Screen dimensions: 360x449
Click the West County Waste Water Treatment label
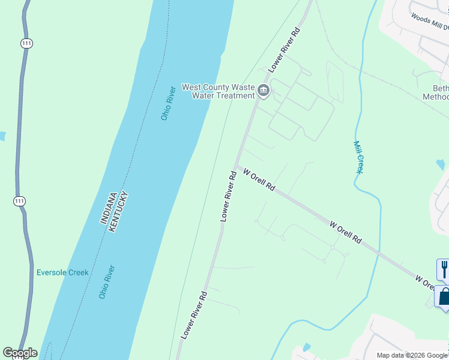[x=218, y=91]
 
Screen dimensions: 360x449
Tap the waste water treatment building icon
[x=264, y=91]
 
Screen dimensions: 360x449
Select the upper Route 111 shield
[x=26, y=44]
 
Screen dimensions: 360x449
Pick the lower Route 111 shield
[x=20, y=202]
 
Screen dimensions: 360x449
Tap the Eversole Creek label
[x=62, y=272]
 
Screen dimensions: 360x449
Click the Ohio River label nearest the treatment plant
[x=168, y=104]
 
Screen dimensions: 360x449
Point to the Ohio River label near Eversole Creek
[x=107, y=282]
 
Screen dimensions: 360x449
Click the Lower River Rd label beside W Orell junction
[x=226, y=196]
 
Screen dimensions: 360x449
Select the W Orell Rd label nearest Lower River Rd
[x=259, y=179]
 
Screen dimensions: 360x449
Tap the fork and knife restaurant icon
[x=444, y=269]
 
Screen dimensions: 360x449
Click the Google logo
[x=20, y=353]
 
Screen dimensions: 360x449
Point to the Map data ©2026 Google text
[x=412, y=355]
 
